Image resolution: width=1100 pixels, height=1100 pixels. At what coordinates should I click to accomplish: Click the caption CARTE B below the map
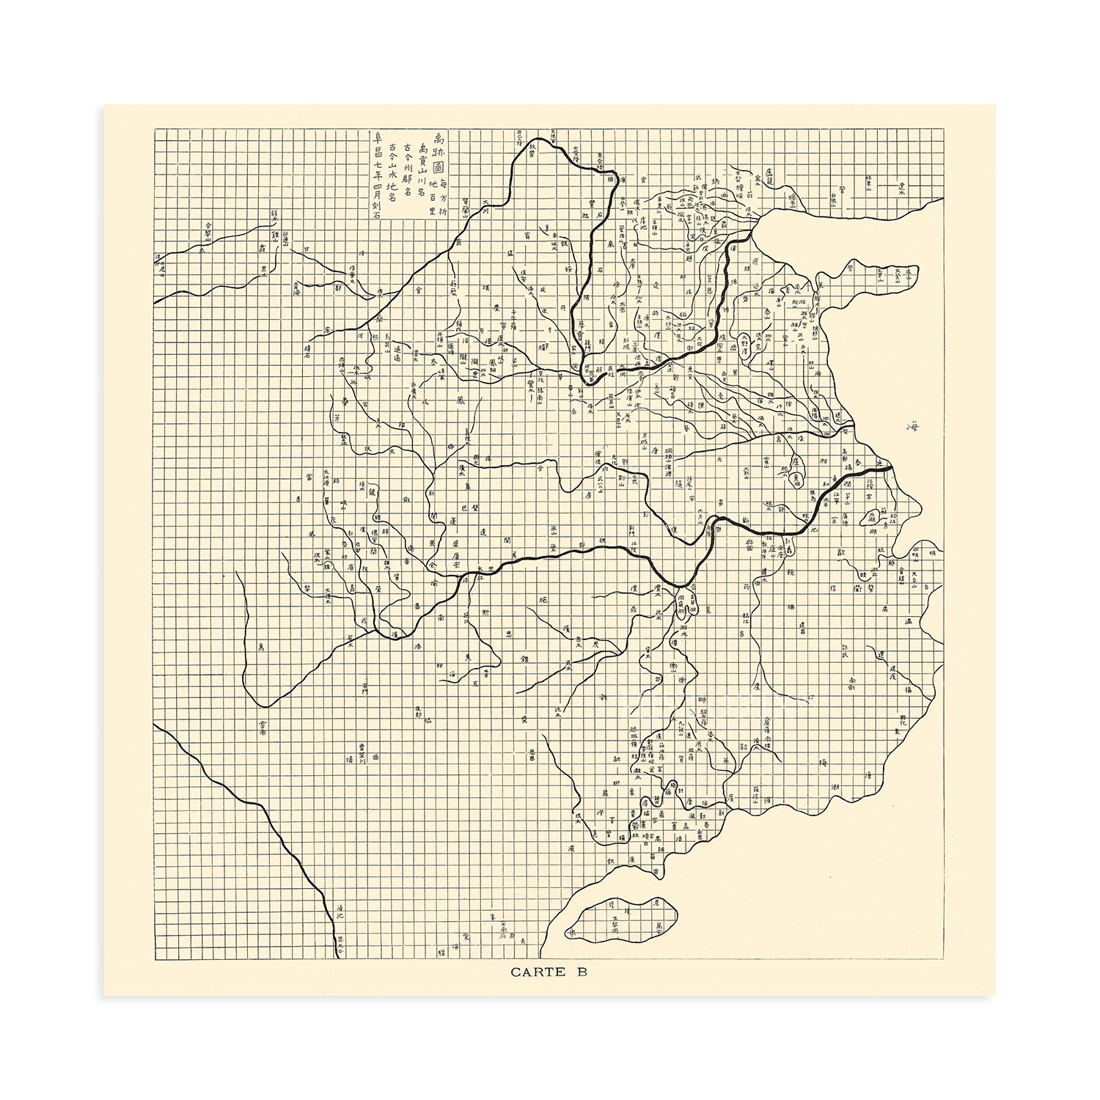click(x=549, y=972)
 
